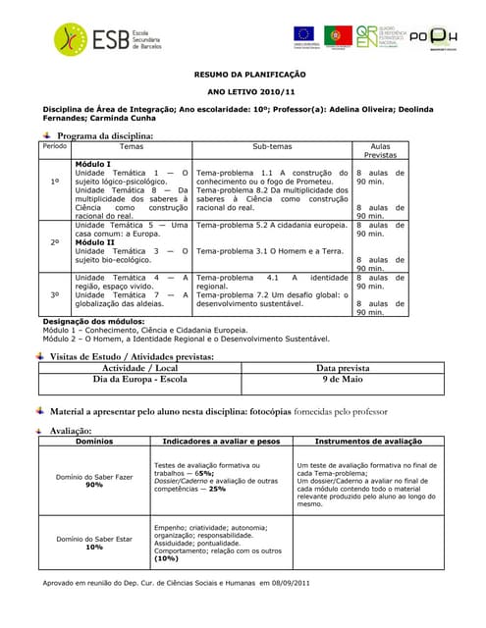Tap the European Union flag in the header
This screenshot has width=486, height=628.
pos(303,34)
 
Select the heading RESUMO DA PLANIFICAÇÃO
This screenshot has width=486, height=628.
pos(243,75)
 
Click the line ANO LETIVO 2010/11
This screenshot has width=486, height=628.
pos(243,91)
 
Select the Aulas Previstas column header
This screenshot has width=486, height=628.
pos(380,150)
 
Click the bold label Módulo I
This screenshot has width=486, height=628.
pos(93,164)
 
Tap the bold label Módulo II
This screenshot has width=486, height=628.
pos(95,242)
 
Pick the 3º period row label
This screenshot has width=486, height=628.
pos(55,294)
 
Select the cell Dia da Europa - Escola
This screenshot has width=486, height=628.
pos(139,379)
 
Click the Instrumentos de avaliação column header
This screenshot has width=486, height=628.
pos(362,443)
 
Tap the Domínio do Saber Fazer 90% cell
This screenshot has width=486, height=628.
pos(94,480)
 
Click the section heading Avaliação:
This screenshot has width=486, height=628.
pos(75,431)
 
